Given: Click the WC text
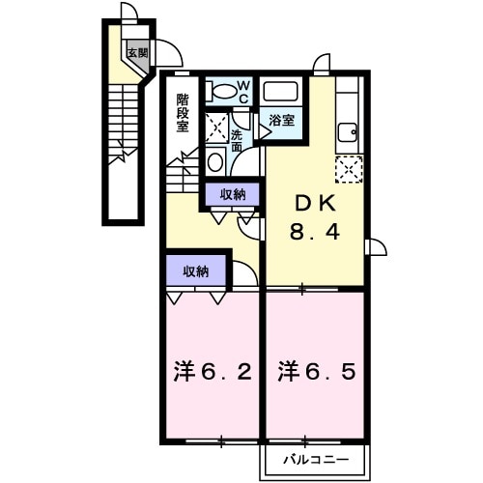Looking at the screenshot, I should pos(243,93).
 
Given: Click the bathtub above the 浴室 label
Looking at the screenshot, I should pos(281,93).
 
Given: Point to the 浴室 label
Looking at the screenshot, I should pos(283,122).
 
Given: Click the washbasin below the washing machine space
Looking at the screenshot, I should pos(215,160).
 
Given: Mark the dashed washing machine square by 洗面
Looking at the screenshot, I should pos(216,126).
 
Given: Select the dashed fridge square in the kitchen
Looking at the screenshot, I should pos(348,169).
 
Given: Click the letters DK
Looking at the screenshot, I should pos(314,203).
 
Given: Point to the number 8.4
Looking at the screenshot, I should pos(314,232).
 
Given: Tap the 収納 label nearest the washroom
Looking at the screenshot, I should pos(233,194).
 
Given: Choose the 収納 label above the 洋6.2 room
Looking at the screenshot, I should pos(196,271).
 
